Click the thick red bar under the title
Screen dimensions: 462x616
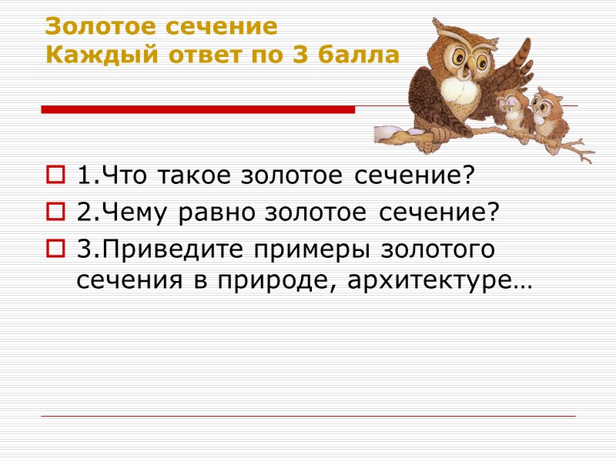pos(197,110)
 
